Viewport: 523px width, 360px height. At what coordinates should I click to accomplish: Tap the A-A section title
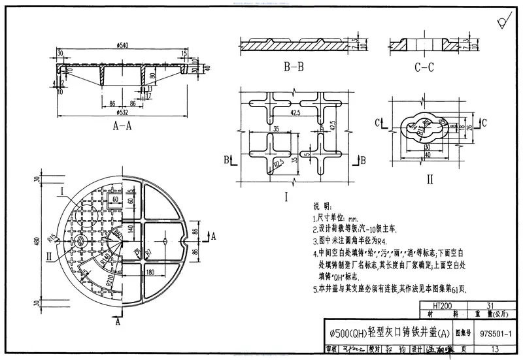tap(122, 126)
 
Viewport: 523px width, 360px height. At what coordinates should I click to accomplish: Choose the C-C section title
tap(424, 67)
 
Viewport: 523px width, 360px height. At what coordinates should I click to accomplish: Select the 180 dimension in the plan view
tap(150, 272)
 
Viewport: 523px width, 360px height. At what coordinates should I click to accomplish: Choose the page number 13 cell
tap(494, 350)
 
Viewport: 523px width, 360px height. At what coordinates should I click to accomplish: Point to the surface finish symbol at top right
tap(502, 24)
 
